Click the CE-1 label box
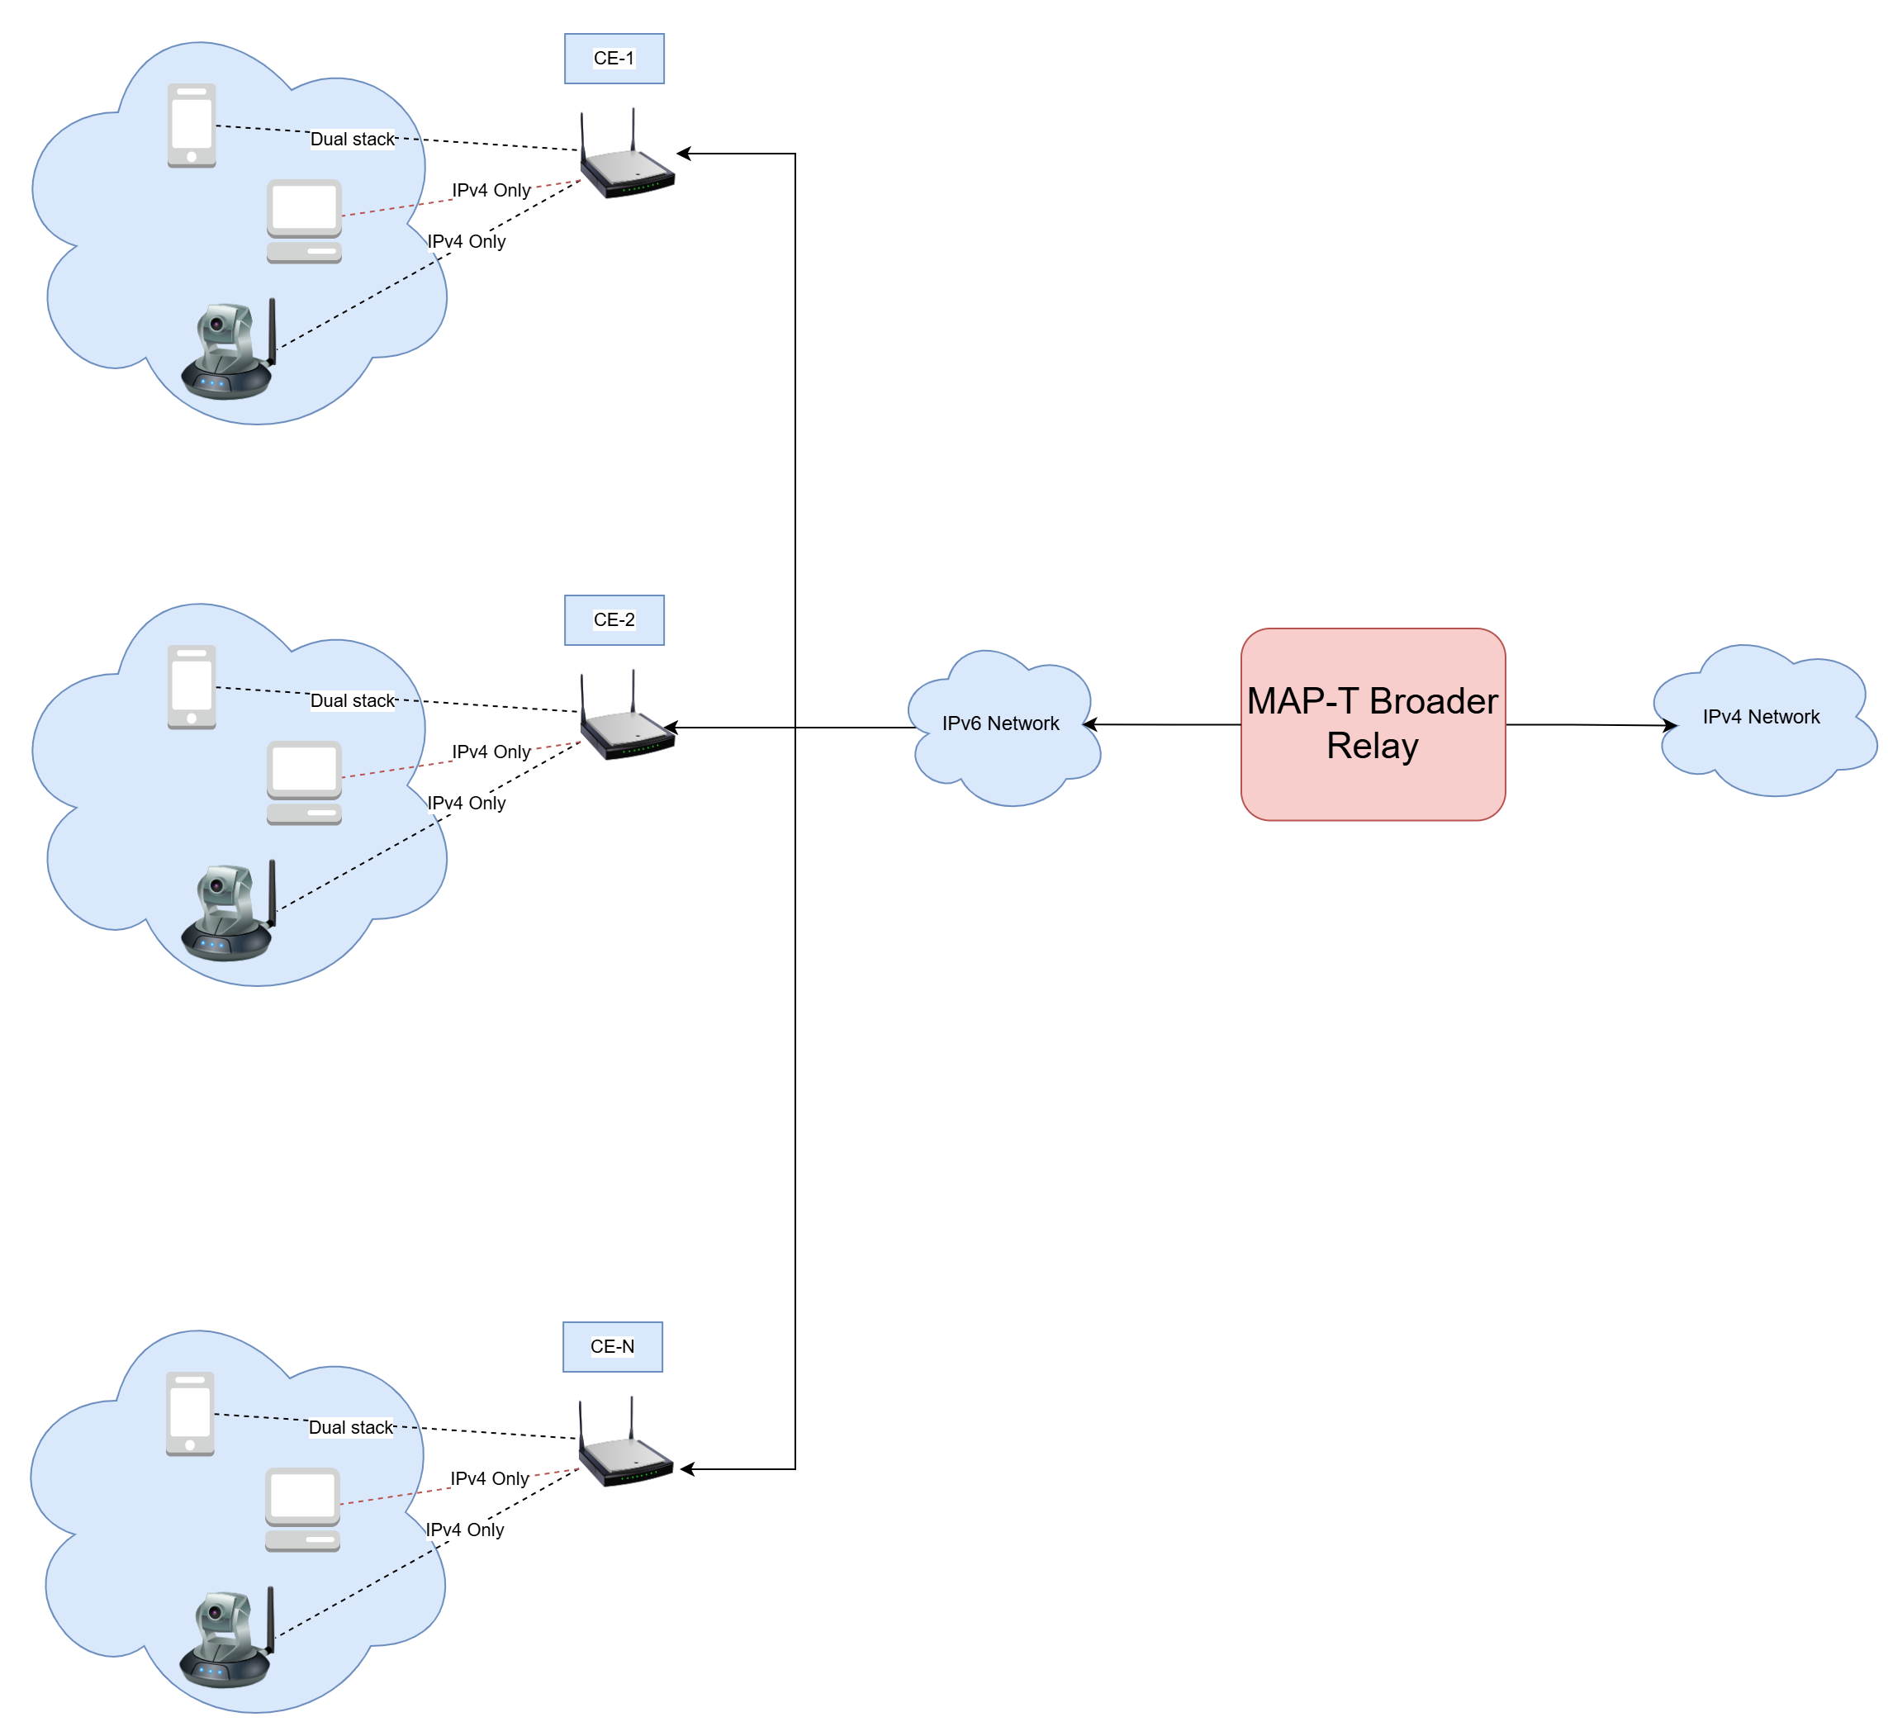tap(614, 59)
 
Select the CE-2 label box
tap(614, 620)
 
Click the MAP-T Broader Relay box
tap(1373, 724)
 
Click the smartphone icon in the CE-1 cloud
tap(192, 126)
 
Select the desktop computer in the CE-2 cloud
tap(303, 782)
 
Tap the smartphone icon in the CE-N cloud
tap(190, 1414)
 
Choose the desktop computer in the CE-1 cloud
tap(303, 221)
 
